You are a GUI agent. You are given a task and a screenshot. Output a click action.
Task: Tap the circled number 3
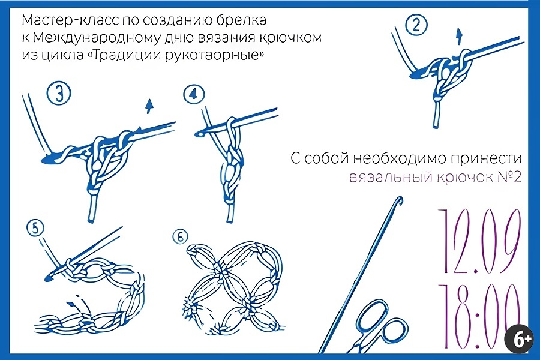pos(59,94)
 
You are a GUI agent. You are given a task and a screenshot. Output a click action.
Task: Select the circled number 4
pos(194,94)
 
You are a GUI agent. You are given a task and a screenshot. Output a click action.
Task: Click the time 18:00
pos(479,316)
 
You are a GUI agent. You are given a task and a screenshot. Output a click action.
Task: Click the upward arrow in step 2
pos(459,37)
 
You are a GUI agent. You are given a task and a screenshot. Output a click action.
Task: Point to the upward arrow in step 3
pos(149,106)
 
